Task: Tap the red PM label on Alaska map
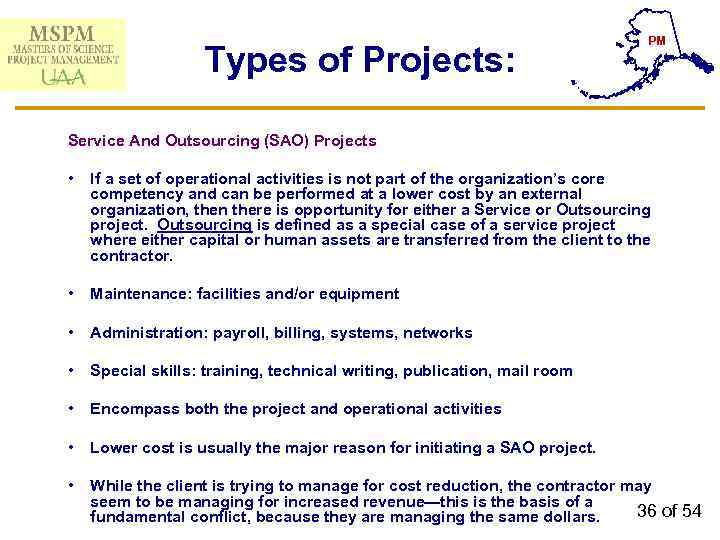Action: [657, 40]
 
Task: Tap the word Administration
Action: [136, 333]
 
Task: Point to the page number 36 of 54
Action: [669, 511]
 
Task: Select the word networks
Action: [440, 333]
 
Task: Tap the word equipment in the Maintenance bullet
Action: [362, 294]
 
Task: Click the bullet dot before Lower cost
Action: [73, 447]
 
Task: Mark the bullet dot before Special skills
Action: [73, 371]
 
